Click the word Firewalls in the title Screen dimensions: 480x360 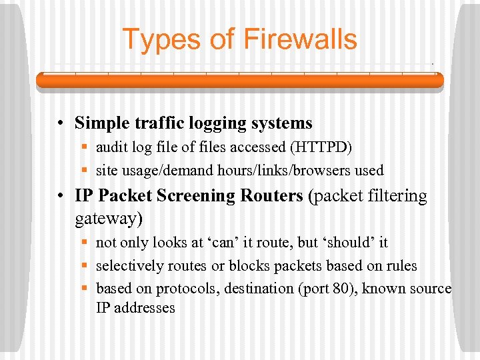(x=300, y=39)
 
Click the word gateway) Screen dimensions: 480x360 (x=109, y=218)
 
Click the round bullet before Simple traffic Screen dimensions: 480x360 (x=60, y=124)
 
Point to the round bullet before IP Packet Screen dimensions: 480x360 (x=60, y=197)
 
